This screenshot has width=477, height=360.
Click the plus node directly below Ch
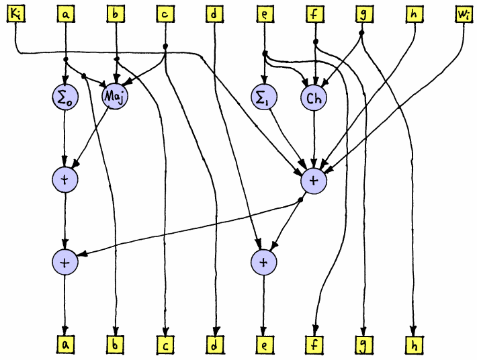point(314,180)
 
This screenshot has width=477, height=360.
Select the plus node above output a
point(65,262)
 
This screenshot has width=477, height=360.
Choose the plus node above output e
point(264,262)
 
